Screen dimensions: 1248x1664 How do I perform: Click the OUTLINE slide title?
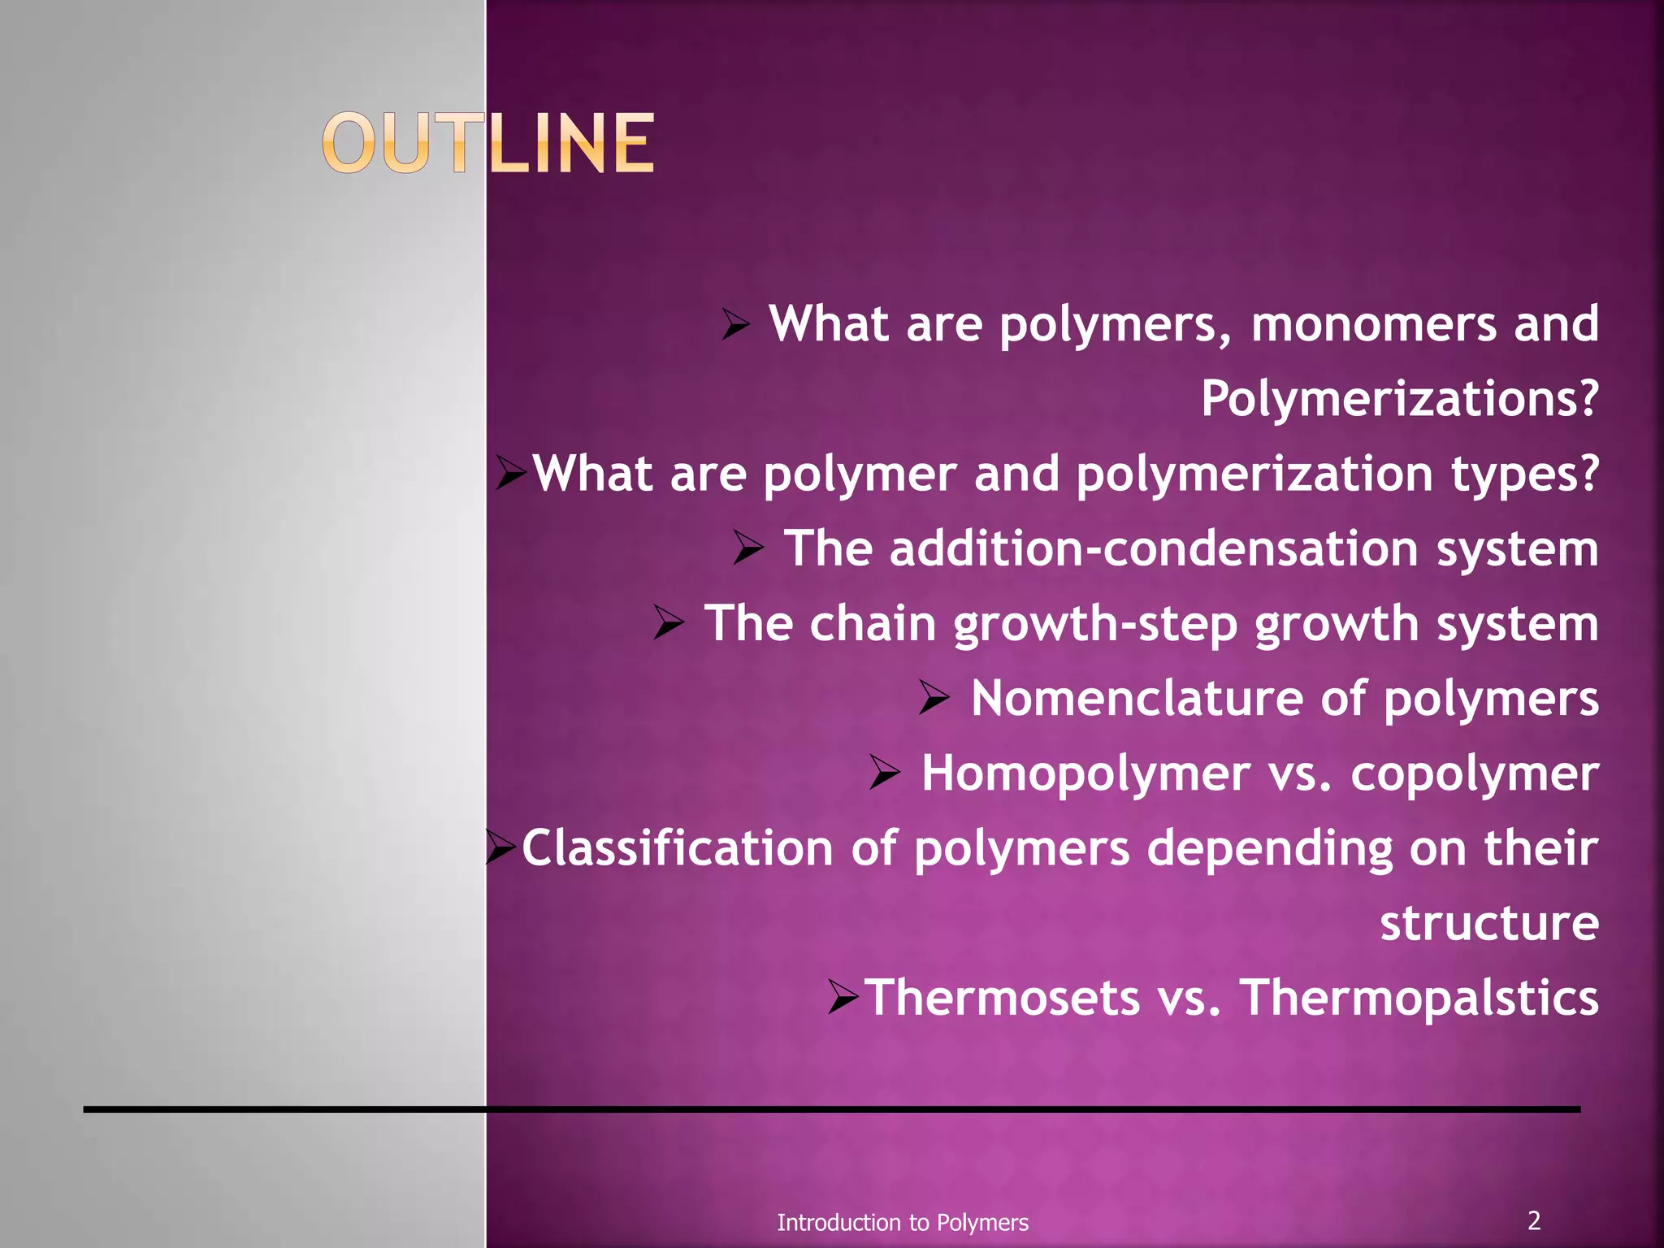point(488,144)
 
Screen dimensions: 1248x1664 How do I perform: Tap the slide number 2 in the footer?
point(1533,1220)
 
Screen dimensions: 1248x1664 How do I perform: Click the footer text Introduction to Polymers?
point(902,1222)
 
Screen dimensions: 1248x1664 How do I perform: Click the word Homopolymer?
point(1085,773)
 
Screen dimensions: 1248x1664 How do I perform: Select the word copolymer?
point(1474,773)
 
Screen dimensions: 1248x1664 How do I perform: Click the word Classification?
point(678,848)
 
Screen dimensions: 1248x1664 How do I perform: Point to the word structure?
point(1488,923)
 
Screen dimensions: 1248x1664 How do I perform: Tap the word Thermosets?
point(1003,998)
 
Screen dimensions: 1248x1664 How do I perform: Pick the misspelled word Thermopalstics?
point(1419,998)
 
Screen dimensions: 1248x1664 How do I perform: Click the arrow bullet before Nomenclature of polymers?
point(934,699)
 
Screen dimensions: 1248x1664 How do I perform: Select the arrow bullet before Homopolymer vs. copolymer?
point(885,773)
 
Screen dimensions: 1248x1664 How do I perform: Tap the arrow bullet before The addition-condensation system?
point(748,548)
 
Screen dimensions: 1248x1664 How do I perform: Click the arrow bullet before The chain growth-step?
point(669,624)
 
